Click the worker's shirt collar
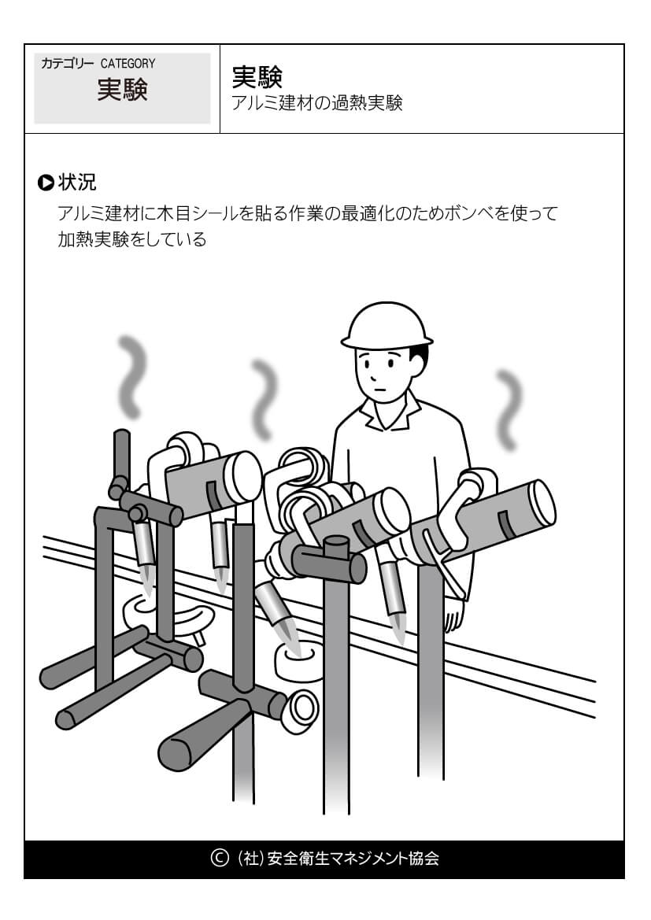point(390,410)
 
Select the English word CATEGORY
point(128,64)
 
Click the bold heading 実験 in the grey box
point(122,91)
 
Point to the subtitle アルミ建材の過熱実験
point(317,103)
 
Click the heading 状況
point(77,183)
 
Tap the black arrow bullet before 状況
point(45,183)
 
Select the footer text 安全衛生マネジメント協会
point(353,858)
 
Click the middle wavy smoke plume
point(265,399)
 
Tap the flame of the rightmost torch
point(399,628)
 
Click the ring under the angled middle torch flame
point(297,661)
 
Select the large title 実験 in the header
point(257,76)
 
